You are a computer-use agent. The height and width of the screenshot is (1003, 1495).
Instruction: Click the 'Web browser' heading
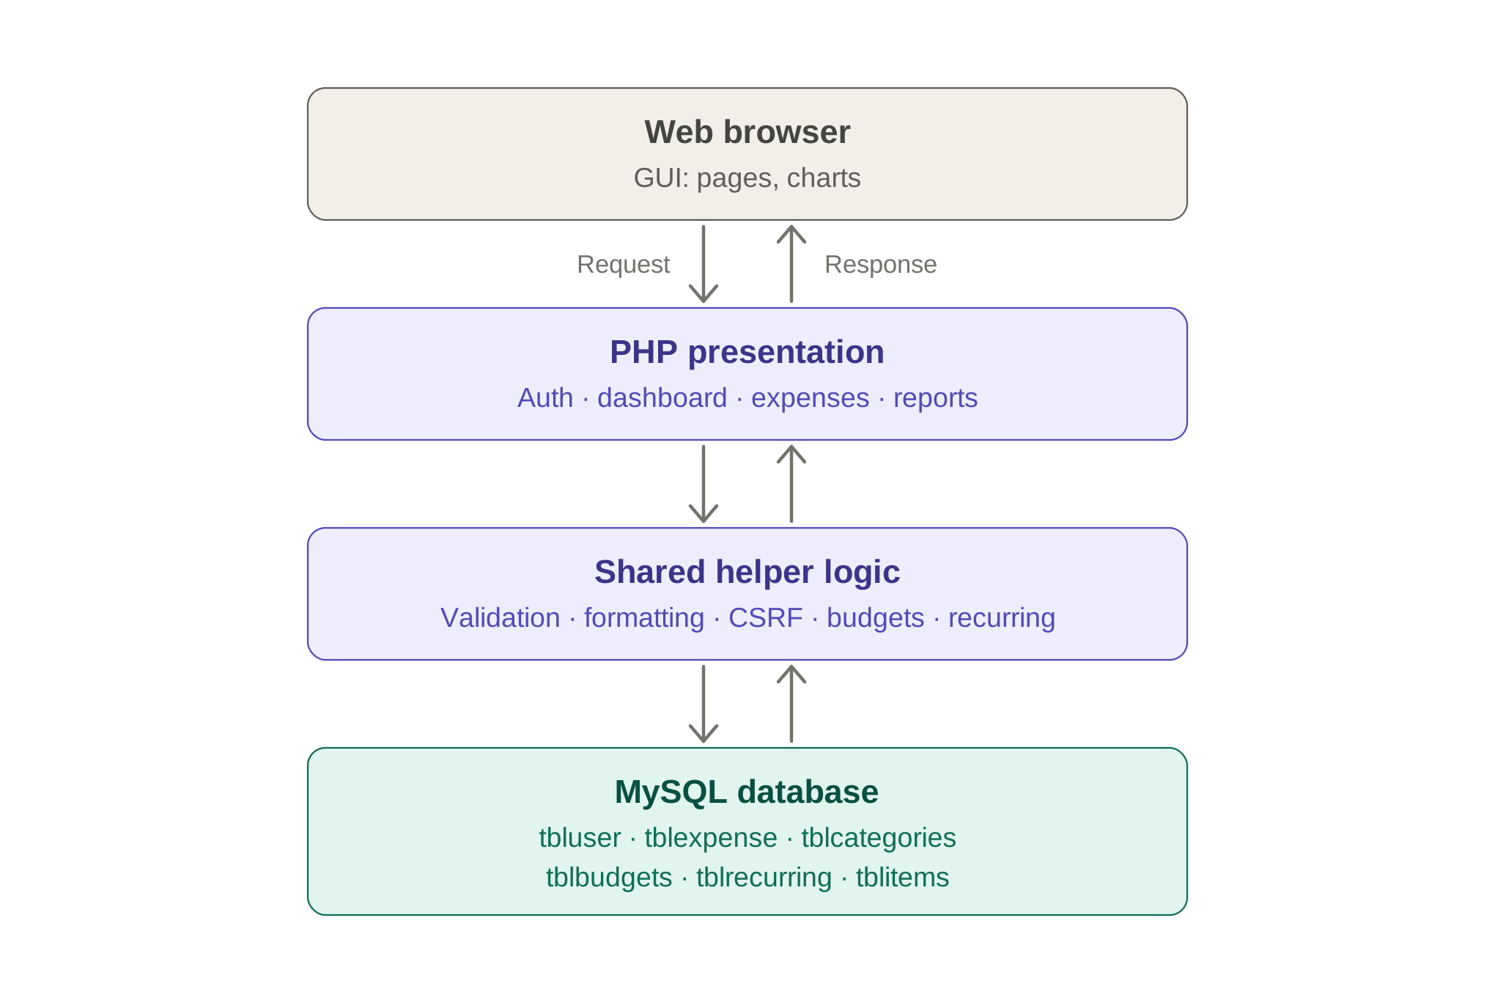[747, 133]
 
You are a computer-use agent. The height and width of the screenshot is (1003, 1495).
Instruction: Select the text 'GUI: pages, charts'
[747, 178]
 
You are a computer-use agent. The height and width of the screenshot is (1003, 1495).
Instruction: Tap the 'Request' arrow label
[623, 265]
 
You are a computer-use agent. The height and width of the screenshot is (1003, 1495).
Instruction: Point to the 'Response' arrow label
[880, 265]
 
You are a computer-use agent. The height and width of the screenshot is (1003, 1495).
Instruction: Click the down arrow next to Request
[704, 264]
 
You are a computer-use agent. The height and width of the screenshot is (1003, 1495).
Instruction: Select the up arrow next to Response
[791, 264]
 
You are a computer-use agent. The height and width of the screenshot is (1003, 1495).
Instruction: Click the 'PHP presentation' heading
[747, 353]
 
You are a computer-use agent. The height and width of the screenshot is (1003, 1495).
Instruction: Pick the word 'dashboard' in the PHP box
[662, 398]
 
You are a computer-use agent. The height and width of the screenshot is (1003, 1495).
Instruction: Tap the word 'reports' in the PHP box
[935, 399]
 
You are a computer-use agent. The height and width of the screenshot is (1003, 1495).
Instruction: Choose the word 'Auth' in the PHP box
[545, 398]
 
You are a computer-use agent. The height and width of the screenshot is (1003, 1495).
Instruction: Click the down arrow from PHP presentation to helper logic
[704, 484]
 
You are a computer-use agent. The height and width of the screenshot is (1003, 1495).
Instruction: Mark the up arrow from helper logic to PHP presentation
[791, 484]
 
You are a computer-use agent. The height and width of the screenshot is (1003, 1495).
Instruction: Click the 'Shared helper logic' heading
[747, 573]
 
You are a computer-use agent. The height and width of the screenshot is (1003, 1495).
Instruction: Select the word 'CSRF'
[765, 618]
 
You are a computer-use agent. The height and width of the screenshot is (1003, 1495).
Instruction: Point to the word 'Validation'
[501, 618]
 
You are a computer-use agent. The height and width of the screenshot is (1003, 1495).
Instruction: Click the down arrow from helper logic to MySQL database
[704, 704]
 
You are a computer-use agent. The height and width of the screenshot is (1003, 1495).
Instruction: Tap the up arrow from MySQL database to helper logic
[791, 704]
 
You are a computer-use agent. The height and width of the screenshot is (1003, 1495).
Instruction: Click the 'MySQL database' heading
[747, 793]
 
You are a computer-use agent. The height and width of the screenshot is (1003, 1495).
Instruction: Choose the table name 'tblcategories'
[878, 839]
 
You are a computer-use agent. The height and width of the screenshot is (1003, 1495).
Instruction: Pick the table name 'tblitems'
[902, 878]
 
